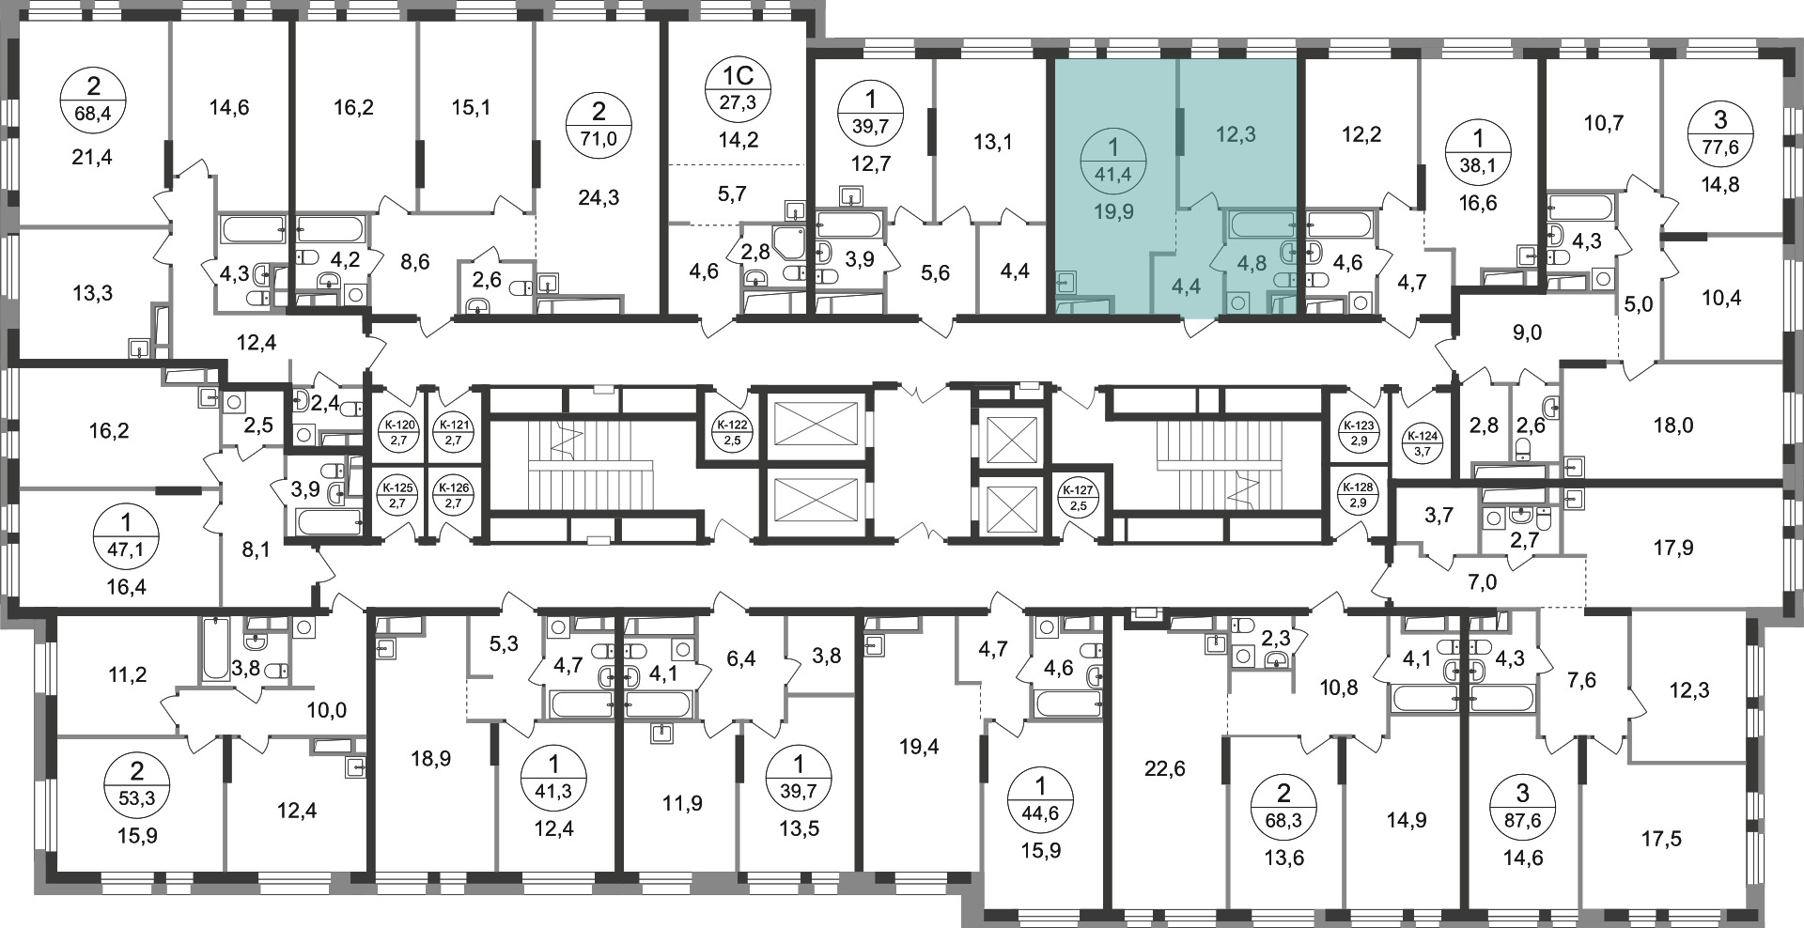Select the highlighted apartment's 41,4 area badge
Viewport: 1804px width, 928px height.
1113,162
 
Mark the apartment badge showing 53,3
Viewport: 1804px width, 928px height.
137,785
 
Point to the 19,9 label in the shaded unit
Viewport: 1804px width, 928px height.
1114,212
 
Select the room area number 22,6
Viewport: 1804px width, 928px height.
1165,769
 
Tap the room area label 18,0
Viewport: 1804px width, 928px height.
1672,425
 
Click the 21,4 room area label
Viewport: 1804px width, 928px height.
92,157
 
